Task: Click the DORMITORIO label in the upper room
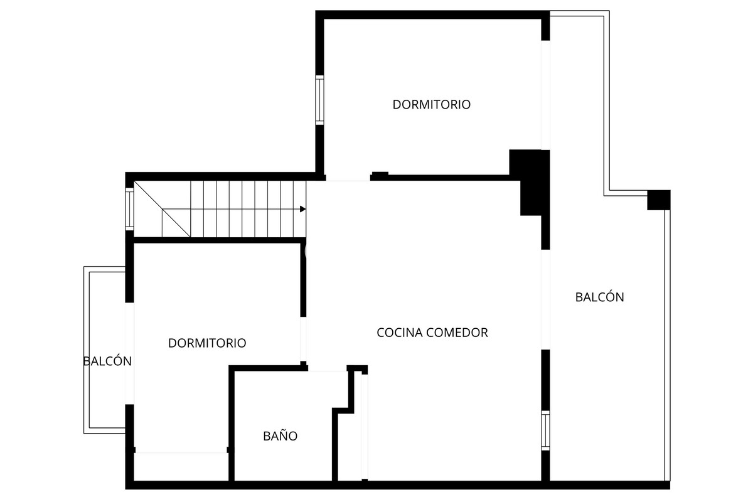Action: pos(431,105)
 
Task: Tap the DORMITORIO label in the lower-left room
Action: pos(207,343)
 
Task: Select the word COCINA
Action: pos(400,333)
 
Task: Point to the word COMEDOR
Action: pos(457,333)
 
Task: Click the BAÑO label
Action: pos(280,436)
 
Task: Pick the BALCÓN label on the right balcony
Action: pos(599,297)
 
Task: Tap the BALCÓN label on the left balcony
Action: pos(107,361)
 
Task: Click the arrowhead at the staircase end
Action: pos(303,209)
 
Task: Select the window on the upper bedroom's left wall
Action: pos(319,100)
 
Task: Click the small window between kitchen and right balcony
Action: pos(545,430)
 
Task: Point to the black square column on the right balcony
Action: pos(659,200)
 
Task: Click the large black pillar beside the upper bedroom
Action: pos(531,179)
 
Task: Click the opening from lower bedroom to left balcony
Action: pos(130,353)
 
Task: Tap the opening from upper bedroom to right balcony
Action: pos(545,95)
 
